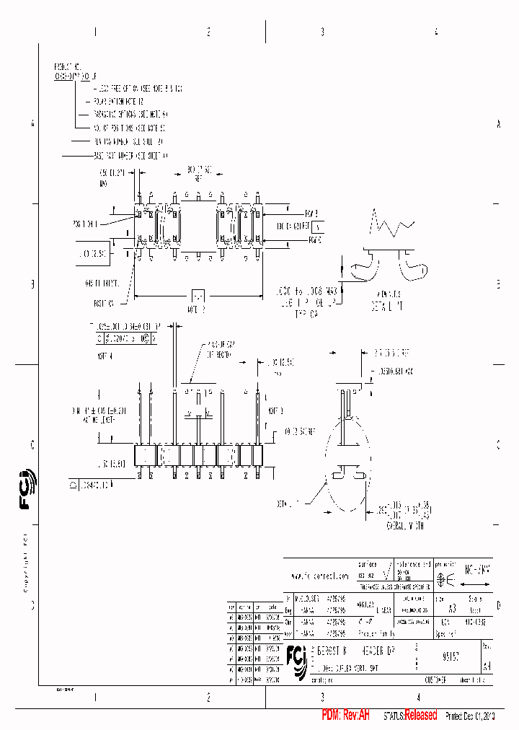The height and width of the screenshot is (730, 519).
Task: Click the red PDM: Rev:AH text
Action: (x=345, y=715)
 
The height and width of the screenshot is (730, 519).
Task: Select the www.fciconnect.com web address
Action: (x=319, y=576)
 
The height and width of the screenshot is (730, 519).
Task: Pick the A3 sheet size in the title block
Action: (x=452, y=608)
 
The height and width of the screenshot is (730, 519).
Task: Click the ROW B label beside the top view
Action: (x=311, y=213)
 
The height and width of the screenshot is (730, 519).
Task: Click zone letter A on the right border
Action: (x=498, y=124)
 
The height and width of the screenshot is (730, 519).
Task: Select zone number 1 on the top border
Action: (x=94, y=32)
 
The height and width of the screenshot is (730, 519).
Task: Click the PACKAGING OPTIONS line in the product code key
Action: (x=130, y=114)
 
